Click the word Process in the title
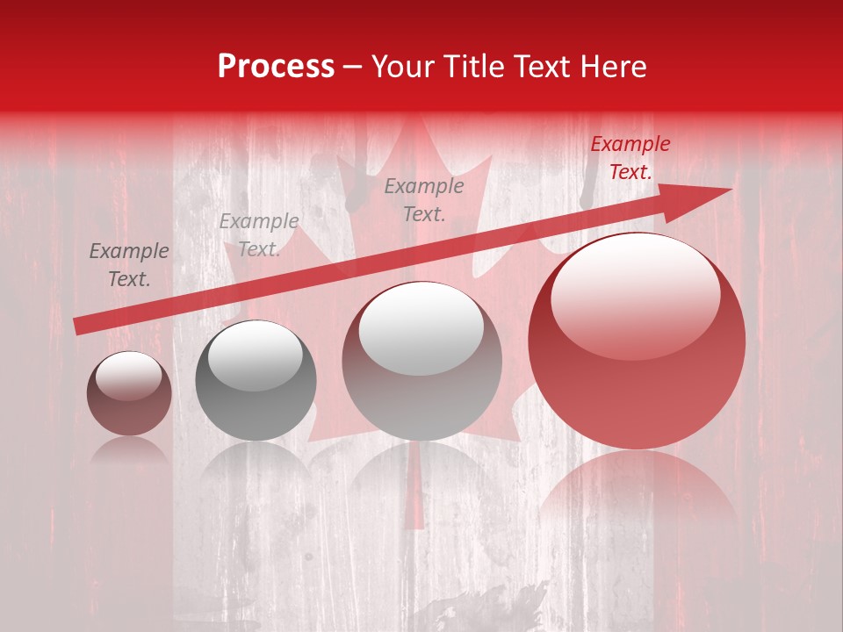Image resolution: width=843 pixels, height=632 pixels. coord(276,67)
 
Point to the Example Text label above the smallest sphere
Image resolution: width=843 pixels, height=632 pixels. coord(129,265)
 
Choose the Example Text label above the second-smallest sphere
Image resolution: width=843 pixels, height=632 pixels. coord(259,235)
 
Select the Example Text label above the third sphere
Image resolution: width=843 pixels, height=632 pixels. coord(424,199)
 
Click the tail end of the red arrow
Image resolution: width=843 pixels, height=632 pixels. coord(79,326)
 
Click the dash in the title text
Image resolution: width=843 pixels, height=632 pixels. coord(353,68)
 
